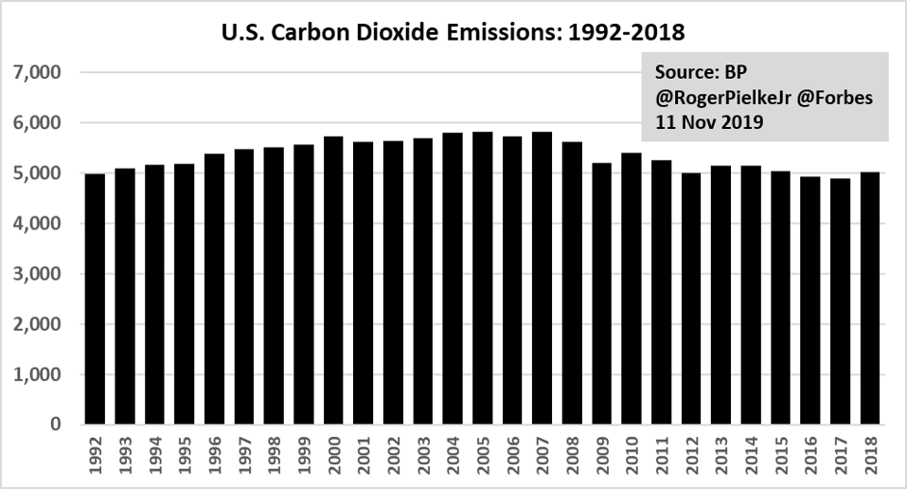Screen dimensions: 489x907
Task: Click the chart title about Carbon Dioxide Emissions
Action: pyautogui.click(x=453, y=32)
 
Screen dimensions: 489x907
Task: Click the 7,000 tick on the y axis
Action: pyautogui.click(x=39, y=73)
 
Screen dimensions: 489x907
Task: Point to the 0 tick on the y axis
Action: pyautogui.click(x=54, y=425)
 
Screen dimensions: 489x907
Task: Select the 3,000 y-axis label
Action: pyautogui.click(x=39, y=274)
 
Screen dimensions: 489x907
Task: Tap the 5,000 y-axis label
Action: pyautogui.click(x=39, y=173)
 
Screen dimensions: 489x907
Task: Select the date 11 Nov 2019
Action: pyautogui.click(x=701, y=121)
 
